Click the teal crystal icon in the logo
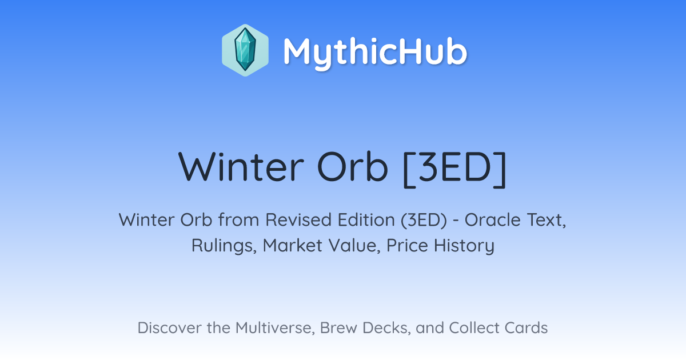tap(245, 50)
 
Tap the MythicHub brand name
tap(375, 53)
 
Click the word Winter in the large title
tap(241, 167)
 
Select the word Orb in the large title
tap(353, 167)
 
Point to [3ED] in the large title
tap(455, 169)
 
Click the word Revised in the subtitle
tap(298, 219)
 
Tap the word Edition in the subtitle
tap(366, 219)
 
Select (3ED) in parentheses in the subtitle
tap(424, 220)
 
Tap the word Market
tap(293, 245)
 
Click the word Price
tap(407, 245)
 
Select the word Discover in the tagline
tap(169, 327)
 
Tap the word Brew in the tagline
tap(338, 327)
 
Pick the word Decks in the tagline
tap(386, 328)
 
